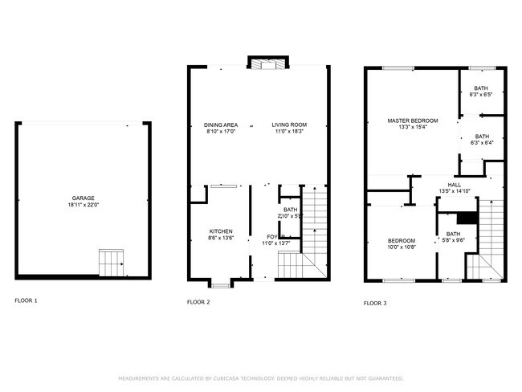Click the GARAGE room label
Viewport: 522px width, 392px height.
click(84, 198)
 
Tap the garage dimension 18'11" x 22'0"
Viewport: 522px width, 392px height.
click(84, 205)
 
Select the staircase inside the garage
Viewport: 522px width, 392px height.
click(111, 262)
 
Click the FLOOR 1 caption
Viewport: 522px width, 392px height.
click(26, 300)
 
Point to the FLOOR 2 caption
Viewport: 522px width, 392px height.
click(198, 302)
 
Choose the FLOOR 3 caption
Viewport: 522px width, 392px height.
click(375, 303)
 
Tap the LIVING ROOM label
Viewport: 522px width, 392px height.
click(289, 125)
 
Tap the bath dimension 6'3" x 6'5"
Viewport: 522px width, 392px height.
click(481, 96)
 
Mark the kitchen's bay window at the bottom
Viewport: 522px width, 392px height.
click(220, 282)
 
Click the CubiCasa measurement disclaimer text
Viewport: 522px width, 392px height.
click(261, 378)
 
